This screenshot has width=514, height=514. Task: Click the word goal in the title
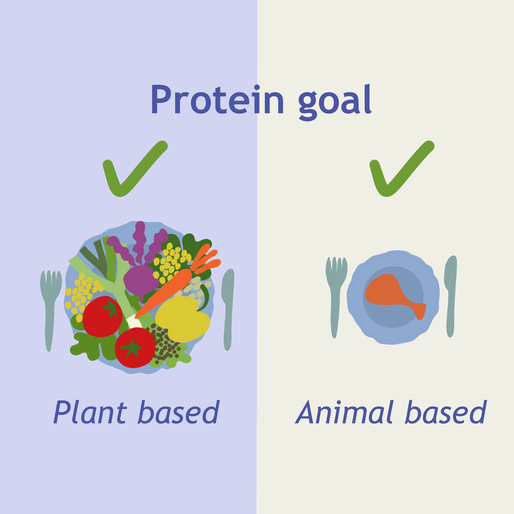point(335,102)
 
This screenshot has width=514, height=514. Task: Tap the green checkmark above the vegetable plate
point(135,169)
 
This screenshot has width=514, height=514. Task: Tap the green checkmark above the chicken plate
point(402,169)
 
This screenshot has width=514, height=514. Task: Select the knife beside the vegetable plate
point(228,309)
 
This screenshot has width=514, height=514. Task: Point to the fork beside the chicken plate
point(336,297)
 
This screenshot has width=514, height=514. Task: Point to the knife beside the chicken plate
point(451,295)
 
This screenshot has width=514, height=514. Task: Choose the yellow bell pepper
point(183,318)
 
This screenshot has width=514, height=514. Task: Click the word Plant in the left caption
point(90,412)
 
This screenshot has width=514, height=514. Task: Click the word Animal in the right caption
point(344,412)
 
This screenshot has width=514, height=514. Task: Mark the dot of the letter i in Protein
point(257,87)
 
